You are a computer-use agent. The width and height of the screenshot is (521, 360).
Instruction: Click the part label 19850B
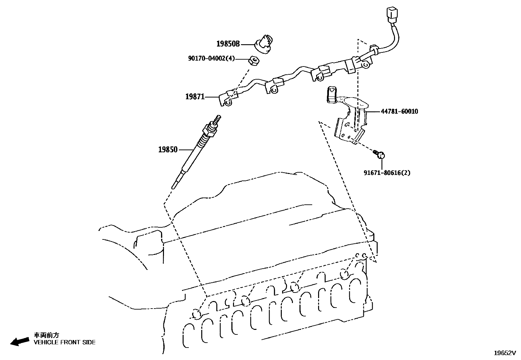pyautogui.click(x=228, y=44)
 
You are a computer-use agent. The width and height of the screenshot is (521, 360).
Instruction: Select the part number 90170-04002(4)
pyautogui.click(x=211, y=59)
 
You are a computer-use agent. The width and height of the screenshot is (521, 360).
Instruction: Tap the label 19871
pyautogui.click(x=195, y=97)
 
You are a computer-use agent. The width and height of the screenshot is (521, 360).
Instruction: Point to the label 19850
pyautogui.click(x=168, y=150)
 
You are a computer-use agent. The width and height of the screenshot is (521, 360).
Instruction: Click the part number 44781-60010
pyautogui.click(x=399, y=111)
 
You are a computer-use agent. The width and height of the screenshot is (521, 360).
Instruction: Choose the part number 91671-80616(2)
pyautogui.click(x=387, y=173)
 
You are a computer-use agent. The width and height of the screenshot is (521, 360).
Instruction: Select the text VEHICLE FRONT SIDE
pyautogui.click(x=65, y=342)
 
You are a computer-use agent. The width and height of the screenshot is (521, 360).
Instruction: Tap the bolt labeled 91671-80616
pyautogui.click(x=380, y=155)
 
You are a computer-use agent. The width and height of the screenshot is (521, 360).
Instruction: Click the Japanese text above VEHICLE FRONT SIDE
pyautogui.click(x=46, y=335)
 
